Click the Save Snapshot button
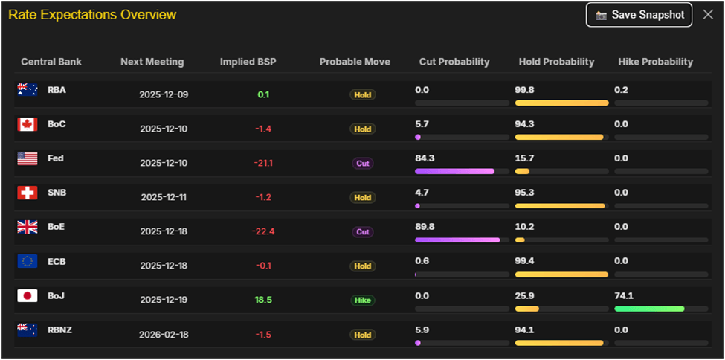pyautogui.click(x=639, y=15)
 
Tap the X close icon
pyautogui.click(x=708, y=15)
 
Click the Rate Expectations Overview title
pyautogui.click(x=92, y=15)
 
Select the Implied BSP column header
pyautogui.click(x=248, y=62)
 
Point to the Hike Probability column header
pyautogui.click(x=655, y=62)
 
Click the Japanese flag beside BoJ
pyautogui.click(x=28, y=295)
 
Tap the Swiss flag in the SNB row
pyautogui.click(x=28, y=193)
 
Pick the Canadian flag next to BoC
pyautogui.click(x=28, y=124)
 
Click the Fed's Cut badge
pyautogui.click(x=363, y=163)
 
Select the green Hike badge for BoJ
pyautogui.click(x=363, y=300)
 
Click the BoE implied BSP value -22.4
pyautogui.click(x=263, y=231)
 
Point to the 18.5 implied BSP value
pyautogui.click(x=263, y=300)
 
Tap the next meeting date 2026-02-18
pyautogui.click(x=164, y=335)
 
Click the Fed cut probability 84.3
pyautogui.click(x=425, y=158)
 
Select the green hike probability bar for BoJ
pyautogui.click(x=649, y=309)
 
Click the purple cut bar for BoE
pyautogui.click(x=457, y=240)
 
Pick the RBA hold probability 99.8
pyautogui.click(x=526, y=90)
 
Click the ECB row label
pyautogui.click(x=57, y=261)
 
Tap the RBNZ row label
pyautogui.click(x=59, y=330)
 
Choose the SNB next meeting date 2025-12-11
pyautogui.click(x=164, y=197)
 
